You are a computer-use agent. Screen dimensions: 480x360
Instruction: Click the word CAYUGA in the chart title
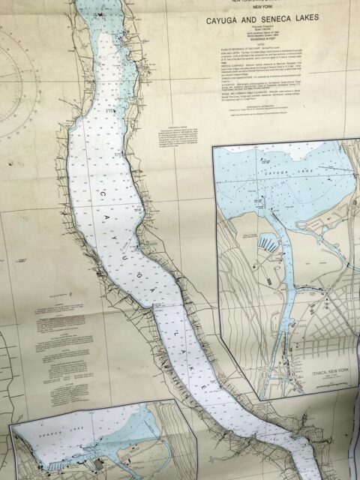[223, 22]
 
